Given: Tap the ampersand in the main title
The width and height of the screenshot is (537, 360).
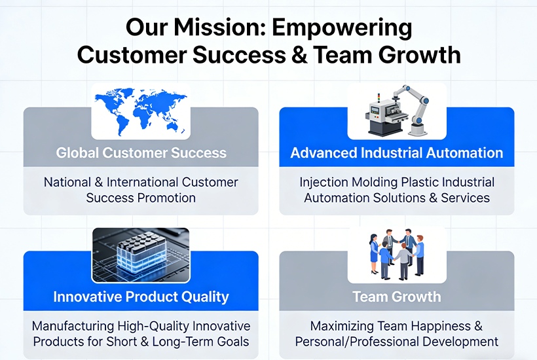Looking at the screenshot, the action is click(300, 55).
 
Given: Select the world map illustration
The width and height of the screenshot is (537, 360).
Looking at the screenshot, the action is click(141, 111).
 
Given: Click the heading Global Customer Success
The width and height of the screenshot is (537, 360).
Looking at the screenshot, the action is click(141, 153).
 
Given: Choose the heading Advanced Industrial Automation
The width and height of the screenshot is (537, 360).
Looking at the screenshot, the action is click(397, 153).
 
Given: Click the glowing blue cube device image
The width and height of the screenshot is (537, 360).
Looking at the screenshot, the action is click(141, 255).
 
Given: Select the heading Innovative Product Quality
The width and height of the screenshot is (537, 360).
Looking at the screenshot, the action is click(141, 297).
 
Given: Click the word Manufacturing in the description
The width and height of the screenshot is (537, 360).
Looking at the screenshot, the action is click(73, 326).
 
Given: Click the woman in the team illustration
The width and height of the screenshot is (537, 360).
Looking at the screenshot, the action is click(374, 253).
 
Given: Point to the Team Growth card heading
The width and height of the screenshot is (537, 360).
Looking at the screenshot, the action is click(397, 297).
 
